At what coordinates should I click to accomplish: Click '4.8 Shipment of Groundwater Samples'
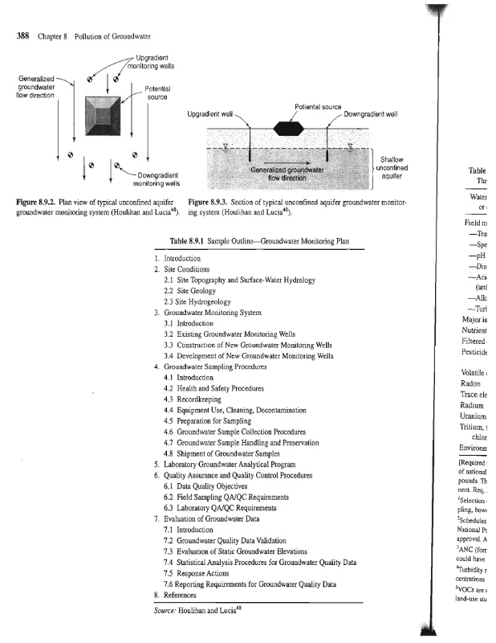click(x=225, y=453)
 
